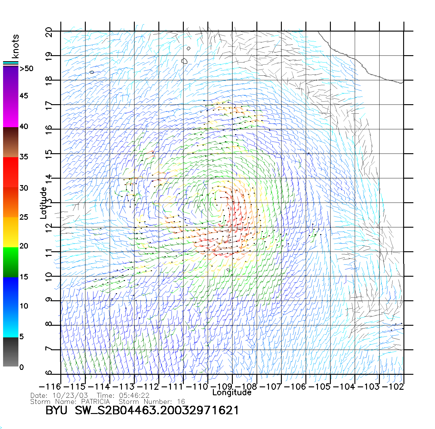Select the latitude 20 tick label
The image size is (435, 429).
click(49, 32)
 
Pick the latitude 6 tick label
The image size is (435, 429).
click(49, 373)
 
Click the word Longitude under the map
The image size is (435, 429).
click(232, 393)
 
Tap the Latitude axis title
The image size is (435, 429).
click(43, 203)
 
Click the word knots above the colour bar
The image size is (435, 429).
click(15, 46)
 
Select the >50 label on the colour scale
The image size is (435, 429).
click(26, 69)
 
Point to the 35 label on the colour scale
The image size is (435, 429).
click(24, 157)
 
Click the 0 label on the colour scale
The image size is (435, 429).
click(21, 367)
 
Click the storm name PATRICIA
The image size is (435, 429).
click(95, 401)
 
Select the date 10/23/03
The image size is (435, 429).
click(70, 396)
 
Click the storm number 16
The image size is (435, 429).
click(181, 401)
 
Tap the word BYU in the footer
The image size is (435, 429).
click(56, 410)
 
